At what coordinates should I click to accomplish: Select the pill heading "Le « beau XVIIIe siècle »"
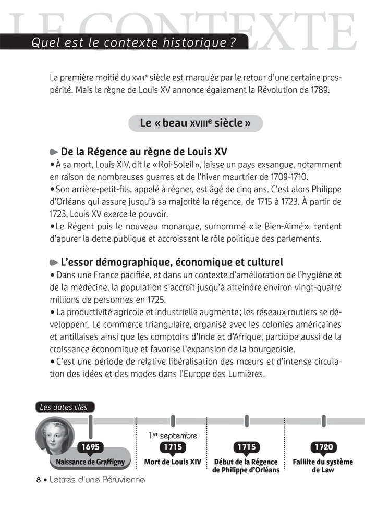point(195,123)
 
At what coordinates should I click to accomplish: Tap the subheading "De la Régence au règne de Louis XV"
point(144,152)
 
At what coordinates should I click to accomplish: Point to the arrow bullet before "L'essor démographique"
point(54,262)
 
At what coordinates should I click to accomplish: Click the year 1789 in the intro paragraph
point(319,90)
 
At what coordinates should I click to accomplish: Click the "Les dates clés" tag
point(65,407)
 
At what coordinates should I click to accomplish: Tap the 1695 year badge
point(90,447)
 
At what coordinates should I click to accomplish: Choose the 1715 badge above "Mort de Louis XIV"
point(172,447)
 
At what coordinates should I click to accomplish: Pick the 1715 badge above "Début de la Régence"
point(246,447)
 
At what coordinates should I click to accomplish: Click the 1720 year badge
point(323,447)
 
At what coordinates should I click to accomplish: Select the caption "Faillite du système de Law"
point(323,466)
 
